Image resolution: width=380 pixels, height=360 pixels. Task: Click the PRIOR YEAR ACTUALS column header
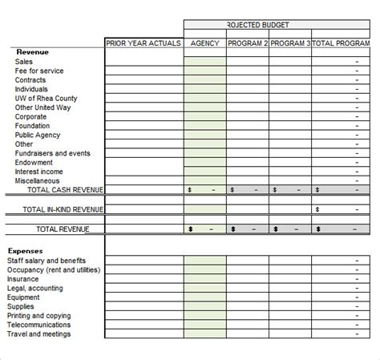144,43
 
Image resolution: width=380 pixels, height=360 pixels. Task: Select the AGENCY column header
205,43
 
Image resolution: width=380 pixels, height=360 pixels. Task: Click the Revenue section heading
33,52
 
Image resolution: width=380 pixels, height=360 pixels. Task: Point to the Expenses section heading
26,251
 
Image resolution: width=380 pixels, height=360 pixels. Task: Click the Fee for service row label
39,71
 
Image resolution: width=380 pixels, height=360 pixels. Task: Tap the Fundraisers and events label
53,153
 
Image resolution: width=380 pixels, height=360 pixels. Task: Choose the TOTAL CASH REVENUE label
65,190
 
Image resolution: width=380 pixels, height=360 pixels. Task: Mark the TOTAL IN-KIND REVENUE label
63,209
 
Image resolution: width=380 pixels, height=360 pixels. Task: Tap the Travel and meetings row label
39,334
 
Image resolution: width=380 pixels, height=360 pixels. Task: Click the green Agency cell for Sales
205,62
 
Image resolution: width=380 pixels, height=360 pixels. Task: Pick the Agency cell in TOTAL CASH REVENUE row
205,190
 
